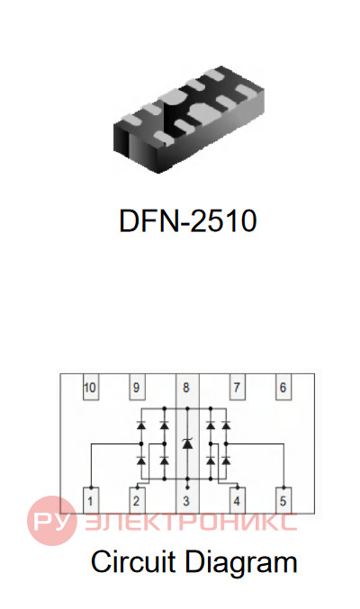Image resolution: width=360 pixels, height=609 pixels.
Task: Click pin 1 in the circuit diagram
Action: point(91,500)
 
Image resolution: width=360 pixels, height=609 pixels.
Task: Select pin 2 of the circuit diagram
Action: point(137,500)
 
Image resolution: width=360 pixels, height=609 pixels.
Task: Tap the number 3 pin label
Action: point(186,501)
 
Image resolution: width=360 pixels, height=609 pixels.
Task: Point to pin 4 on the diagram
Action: point(237,500)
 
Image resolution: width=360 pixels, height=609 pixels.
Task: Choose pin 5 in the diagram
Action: point(283,500)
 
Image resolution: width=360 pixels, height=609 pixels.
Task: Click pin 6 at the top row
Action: point(283,387)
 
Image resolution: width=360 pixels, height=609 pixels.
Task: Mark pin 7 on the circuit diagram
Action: point(237,387)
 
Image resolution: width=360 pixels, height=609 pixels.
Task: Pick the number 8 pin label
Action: point(186,388)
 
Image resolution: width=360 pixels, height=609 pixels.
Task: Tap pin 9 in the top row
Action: point(137,387)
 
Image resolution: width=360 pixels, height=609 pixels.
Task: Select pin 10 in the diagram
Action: point(91,387)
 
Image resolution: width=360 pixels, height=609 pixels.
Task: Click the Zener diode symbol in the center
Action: point(187,443)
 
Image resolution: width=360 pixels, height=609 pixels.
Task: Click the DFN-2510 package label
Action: point(188,220)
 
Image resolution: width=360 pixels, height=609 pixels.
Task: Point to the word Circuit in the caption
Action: point(133,561)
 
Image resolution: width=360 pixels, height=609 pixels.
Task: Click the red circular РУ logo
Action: point(51,521)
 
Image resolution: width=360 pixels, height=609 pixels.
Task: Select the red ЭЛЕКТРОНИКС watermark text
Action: point(191,522)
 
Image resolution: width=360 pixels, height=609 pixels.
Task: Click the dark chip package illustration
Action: point(189,120)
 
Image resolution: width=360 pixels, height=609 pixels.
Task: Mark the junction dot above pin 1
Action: point(91,488)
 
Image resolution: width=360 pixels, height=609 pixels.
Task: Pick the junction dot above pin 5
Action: point(283,488)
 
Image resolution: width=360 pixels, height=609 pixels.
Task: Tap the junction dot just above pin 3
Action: point(187,487)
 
